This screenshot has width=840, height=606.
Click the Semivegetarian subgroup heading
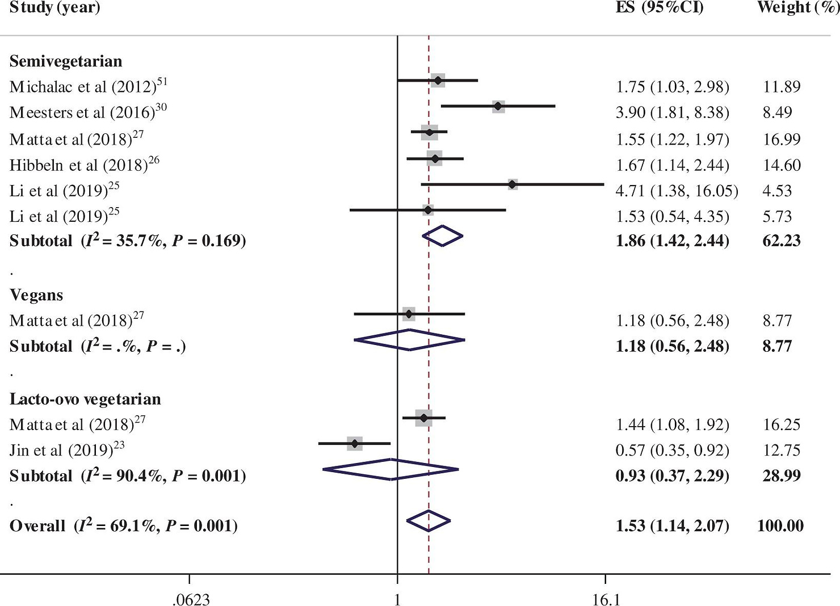(66, 61)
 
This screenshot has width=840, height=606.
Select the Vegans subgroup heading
(36, 295)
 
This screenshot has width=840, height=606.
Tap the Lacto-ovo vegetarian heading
(85, 399)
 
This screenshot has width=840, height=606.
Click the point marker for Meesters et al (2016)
(498, 106)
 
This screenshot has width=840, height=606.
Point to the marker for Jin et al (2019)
(355, 443)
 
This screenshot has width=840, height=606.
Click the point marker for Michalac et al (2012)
(438, 81)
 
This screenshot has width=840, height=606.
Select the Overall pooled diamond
(429, 520)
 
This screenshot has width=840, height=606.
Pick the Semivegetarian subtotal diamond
(443, 236)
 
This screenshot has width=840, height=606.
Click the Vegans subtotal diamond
(409, 340)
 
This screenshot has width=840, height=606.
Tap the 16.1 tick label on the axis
(606, 599)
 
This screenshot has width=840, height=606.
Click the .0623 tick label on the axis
(191, 599)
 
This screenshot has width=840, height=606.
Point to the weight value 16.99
(782, 140)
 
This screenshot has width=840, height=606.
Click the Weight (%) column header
(797, 7)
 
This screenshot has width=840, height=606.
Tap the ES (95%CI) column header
(660, 7)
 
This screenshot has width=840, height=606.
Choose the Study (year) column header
(54, 7)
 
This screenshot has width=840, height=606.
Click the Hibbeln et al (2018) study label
(84, 165)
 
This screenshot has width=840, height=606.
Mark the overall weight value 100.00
(780, 525)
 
